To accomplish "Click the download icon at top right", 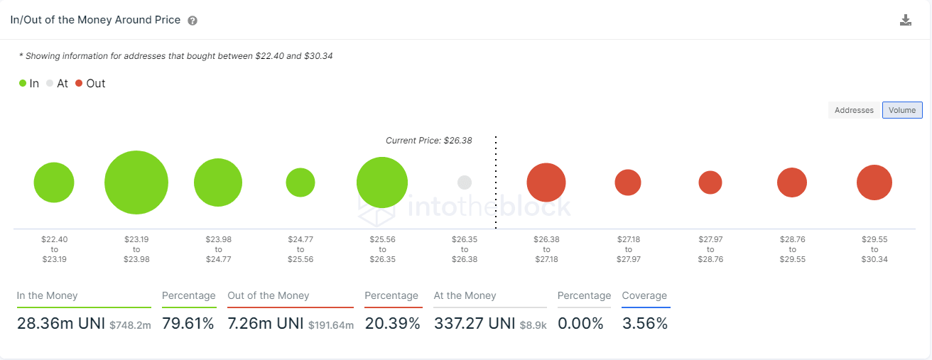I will (905, 20).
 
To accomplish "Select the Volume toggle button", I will (902, 110).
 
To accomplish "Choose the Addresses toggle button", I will (854, 110).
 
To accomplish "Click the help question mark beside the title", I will (193, 21).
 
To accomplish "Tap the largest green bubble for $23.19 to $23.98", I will (136, 182).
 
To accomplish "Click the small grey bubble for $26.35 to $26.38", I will (465, 182).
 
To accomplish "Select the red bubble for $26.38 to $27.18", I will (546, 182).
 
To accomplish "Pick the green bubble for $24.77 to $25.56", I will (300, 182).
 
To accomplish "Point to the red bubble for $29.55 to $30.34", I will (874, 182).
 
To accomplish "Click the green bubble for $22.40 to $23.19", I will (54, 182).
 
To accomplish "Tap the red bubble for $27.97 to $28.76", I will (710, 182).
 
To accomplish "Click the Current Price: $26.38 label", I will (428, 141).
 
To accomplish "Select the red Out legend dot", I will (79, 84).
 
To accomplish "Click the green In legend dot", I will (23, 84).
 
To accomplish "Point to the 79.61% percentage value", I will (188, 324).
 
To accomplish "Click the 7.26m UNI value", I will (265, 324).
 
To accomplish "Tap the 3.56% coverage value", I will (644, 324).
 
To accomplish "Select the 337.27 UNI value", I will (474, 324).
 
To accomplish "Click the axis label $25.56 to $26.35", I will (382, 249).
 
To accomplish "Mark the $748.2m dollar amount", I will (130, 325).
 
